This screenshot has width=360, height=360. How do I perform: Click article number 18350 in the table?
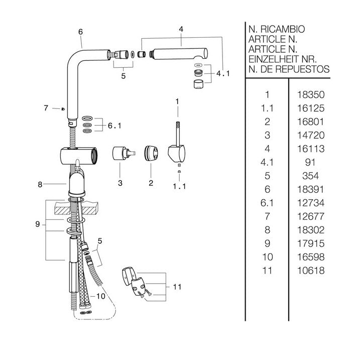(x=311, y=94)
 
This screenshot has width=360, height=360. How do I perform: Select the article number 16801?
(x=311, y=122)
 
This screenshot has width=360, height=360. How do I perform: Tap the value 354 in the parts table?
(x=310, y=176)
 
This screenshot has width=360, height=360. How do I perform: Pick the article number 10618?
(x=311, y=271)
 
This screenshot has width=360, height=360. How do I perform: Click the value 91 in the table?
(x=310, y=162)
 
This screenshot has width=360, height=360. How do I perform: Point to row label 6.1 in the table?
(x=267, y=203)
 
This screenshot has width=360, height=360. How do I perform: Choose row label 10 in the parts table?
(x=268, y=257)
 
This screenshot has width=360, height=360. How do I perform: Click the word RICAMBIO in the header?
(x=283, y=30)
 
